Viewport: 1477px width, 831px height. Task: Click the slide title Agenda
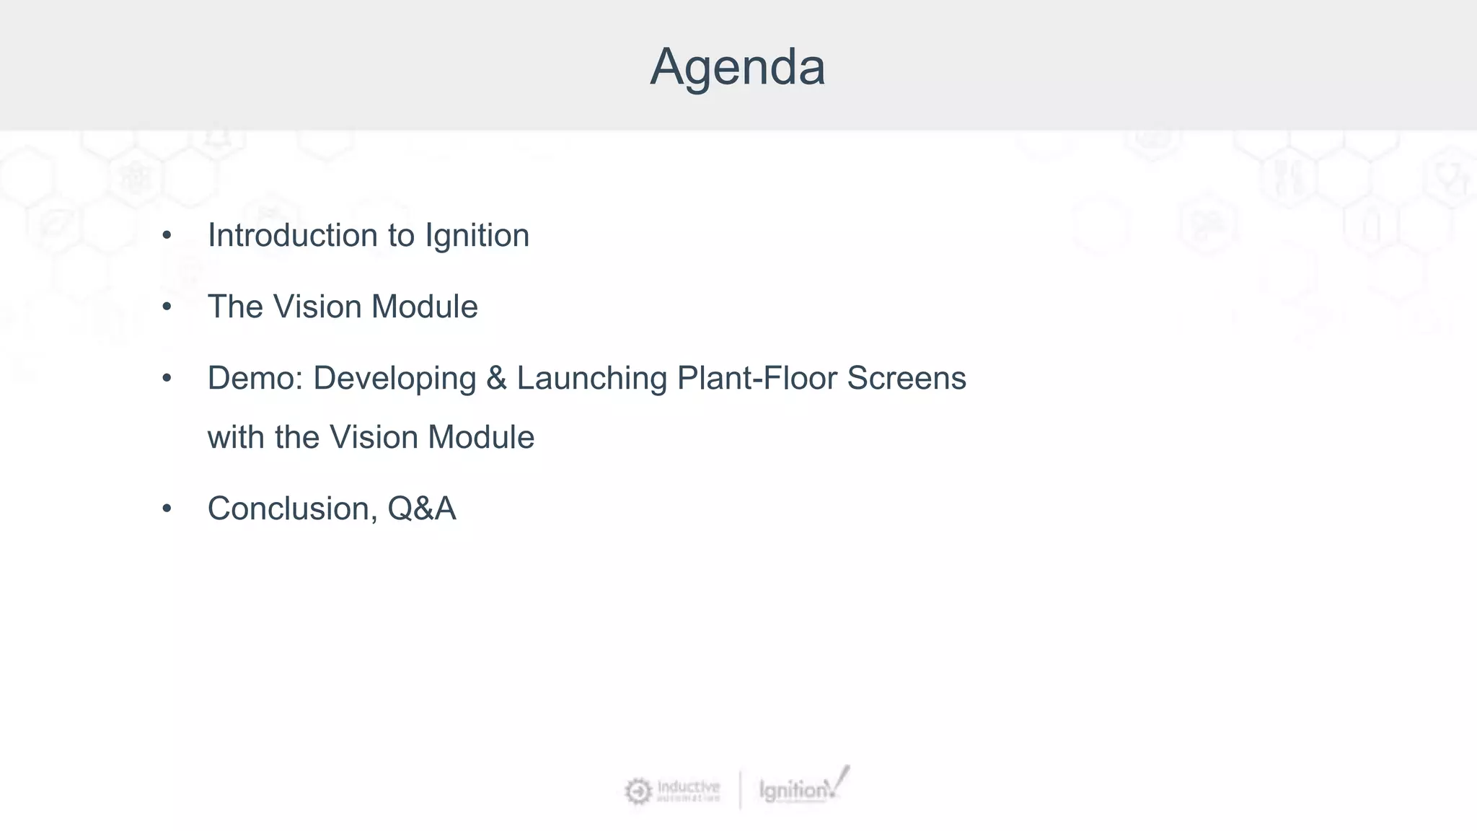coord(737,67)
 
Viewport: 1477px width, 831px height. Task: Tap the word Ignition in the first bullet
coord(477,235)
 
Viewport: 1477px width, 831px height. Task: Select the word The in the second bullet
coord(235,307)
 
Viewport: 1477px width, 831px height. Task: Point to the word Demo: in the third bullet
coord(255,378)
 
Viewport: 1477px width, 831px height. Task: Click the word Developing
coord(394,378)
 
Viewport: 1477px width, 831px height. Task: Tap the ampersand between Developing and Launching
coord(496,378)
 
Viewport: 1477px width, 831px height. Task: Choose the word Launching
coord(592,378)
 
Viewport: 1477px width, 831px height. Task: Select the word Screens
coord(907,378)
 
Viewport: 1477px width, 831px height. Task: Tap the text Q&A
coord(422,509)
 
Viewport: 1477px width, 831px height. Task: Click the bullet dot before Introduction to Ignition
coord(167,236)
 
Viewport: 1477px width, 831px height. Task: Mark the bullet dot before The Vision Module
coord(167,307)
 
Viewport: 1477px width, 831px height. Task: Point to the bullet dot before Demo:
coord(167,379)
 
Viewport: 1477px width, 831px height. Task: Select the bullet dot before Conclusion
coord(167,509)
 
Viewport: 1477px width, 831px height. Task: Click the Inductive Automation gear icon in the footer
coord(638,791)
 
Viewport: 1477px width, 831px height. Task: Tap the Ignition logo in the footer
coord(802,788)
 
